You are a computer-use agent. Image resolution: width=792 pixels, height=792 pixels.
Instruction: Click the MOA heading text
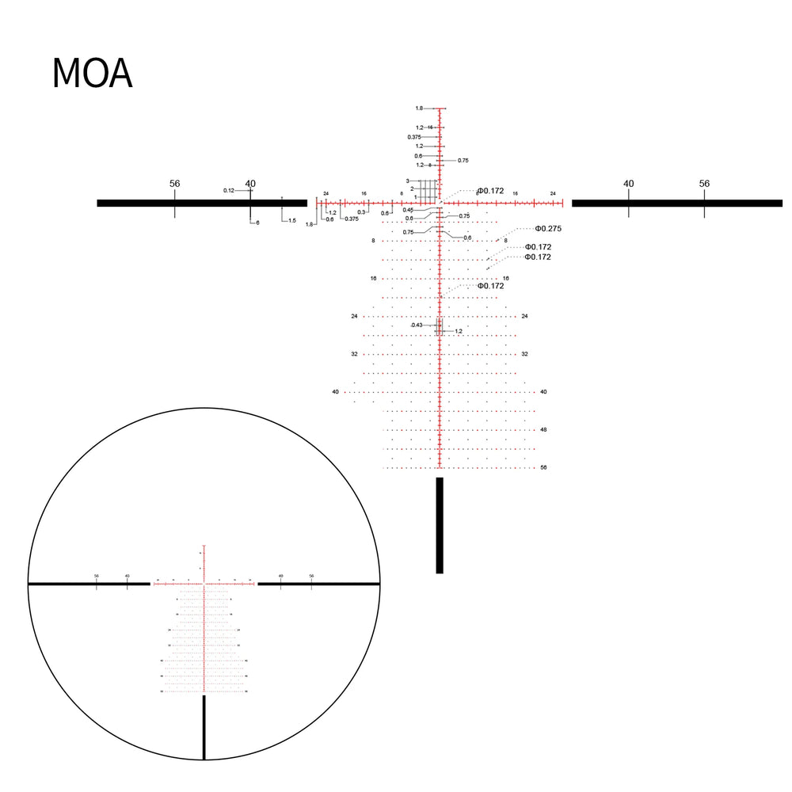pos(92,74)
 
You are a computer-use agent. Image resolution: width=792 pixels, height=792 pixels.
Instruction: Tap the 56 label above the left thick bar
pos(174,184)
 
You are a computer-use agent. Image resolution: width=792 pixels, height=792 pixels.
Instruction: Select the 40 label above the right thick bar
pos(628,184)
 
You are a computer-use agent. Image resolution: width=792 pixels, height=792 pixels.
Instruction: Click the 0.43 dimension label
pos(417,326)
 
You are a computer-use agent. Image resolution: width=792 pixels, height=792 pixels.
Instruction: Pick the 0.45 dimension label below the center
pos(408,210)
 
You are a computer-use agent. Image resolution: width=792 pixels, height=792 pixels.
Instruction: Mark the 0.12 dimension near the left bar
pos(228,190)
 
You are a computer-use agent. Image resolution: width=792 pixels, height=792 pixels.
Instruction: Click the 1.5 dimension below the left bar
pos(291,221)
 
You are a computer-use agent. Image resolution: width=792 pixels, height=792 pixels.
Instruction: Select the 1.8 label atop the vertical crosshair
pos(419,108)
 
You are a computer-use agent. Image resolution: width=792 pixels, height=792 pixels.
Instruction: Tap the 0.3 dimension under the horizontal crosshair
pos(361,212)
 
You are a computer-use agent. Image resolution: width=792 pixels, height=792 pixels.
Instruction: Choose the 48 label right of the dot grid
pos(543,430)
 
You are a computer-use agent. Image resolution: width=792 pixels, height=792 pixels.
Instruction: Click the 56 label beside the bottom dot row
pos(543,467)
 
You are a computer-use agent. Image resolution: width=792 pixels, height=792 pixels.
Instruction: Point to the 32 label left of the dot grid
pos(354,354)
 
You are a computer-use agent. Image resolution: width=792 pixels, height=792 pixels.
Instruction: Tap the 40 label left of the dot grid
pos(335,392)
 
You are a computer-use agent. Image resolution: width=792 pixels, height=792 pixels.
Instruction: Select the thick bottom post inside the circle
pos(204,727)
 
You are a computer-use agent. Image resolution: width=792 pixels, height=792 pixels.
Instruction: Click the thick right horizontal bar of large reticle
pos(676,204)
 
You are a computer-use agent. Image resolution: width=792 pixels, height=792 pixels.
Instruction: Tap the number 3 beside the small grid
pos(408,181)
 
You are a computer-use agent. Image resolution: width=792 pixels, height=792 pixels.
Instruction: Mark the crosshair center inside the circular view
pos(204,584)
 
